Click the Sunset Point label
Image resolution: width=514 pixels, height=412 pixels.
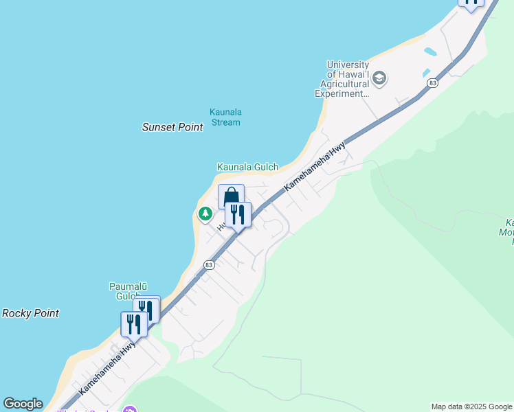(172, 127)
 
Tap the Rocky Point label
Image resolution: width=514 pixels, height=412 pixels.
(30, 313)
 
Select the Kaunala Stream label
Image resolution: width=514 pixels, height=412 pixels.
(225, 117)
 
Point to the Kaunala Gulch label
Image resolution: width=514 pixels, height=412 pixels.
(247, 167)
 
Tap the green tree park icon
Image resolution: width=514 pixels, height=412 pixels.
(205, 214)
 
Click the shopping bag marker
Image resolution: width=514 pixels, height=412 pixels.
(231, 196)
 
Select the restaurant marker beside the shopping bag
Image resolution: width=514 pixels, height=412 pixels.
(238, 214)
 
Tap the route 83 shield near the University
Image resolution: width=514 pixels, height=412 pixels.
(432, 83)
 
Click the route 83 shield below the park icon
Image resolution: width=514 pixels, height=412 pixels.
(210, 264)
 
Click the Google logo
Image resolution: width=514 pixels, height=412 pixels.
(22, 404)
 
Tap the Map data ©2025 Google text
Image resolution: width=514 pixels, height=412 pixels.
(471, 407)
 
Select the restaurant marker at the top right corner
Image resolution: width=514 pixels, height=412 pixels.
(471, 3)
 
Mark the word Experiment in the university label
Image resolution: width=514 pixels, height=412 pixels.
(342, 94)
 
